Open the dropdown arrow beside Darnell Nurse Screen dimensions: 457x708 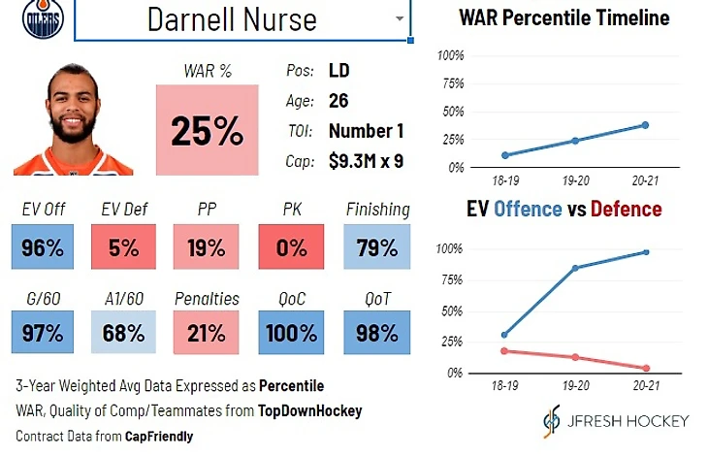click(x=399, y=18)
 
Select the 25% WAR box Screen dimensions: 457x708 click(x=208, y=130)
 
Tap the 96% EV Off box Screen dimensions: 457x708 click(x=42, y=247)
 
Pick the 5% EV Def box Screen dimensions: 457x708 click(x=124, y=247)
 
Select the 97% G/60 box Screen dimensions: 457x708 click(x=42, y=333)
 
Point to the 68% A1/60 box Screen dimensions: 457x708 click(x=124, y=333)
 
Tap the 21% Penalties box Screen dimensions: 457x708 click(x=207, y=333)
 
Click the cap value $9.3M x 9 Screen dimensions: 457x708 click(x=366, y=161)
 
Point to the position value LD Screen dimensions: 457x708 click(x=339, y=71)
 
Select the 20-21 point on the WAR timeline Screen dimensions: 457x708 click(x=645, y=125)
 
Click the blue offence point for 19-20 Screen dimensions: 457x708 click(x=575, y=268)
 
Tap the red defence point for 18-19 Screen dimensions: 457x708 click(x=503, y=351)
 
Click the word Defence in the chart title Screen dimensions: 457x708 click(x=627, y=209)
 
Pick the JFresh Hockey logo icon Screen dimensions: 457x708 click(x=552, y=420)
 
